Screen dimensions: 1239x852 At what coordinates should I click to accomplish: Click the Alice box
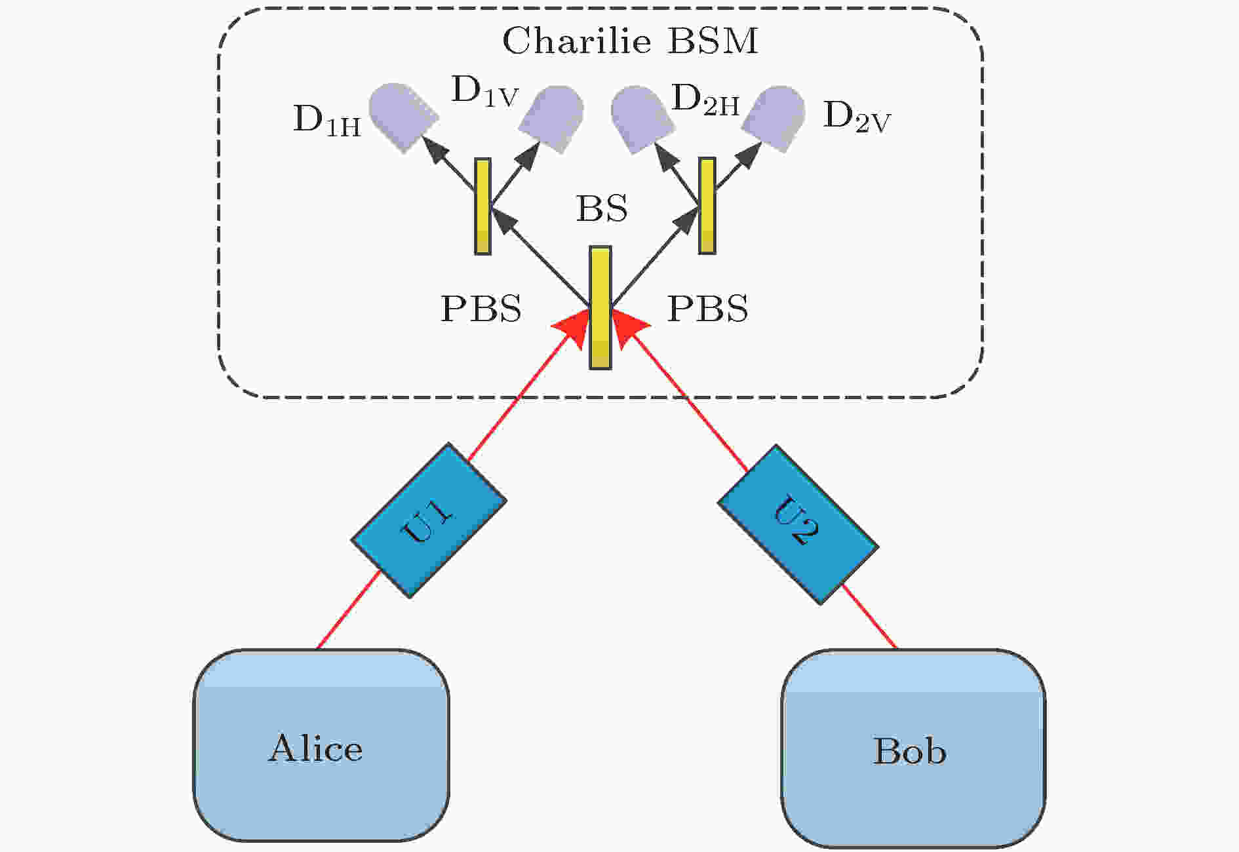321,745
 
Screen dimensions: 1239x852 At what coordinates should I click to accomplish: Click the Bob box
913,748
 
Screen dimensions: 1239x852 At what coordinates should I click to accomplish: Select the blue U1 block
429,520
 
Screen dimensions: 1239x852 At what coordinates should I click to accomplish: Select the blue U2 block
798,524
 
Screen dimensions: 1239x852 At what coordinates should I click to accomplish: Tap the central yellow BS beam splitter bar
600,307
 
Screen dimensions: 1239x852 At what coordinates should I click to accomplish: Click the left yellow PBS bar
482,206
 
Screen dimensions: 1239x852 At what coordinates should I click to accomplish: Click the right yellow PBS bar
707,205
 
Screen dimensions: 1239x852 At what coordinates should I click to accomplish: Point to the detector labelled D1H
403,117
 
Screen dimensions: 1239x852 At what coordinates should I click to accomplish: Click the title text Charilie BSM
630,41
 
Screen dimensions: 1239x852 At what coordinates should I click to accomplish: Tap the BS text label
601,208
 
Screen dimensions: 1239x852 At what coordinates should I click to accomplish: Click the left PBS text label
481,308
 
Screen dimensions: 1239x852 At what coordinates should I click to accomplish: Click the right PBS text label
707,308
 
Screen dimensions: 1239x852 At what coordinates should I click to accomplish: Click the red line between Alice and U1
349,610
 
